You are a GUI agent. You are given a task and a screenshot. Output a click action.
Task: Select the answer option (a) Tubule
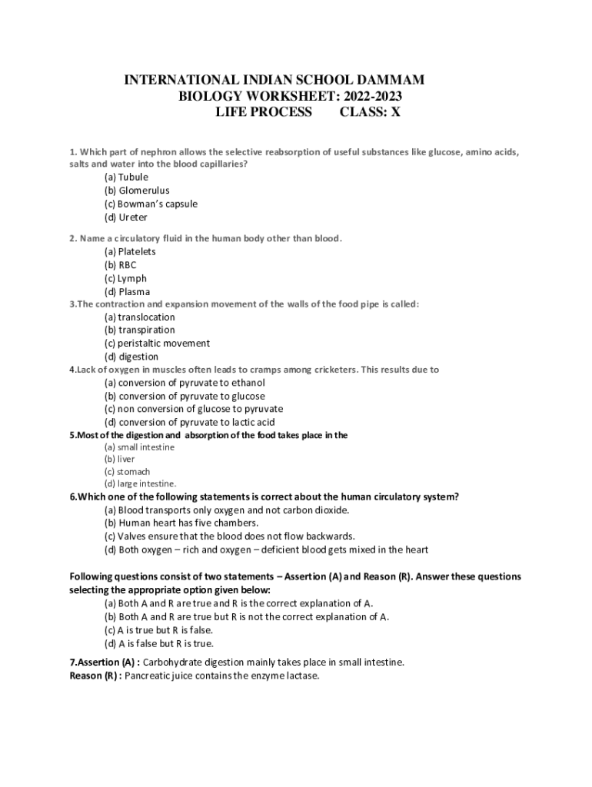click(127, 177)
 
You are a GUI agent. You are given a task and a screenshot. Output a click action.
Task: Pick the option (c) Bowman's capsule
click(151, 204)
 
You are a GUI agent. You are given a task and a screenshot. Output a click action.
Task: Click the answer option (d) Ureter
click(126, 218)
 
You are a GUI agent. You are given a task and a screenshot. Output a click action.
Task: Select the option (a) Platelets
click(130, 251)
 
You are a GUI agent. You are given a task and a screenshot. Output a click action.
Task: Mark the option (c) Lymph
click(125, 278)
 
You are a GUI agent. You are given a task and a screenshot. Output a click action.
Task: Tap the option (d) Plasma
click(128, 292)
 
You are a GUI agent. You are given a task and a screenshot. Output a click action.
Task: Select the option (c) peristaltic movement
click(158, 343)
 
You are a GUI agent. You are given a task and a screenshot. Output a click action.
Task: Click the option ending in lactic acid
click(190, 422)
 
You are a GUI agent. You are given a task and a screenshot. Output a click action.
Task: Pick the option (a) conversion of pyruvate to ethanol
click(185, 382)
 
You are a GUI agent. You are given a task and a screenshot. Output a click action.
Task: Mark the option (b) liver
click(119, 459)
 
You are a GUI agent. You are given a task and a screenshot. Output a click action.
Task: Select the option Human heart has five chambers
click(176, 523)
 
